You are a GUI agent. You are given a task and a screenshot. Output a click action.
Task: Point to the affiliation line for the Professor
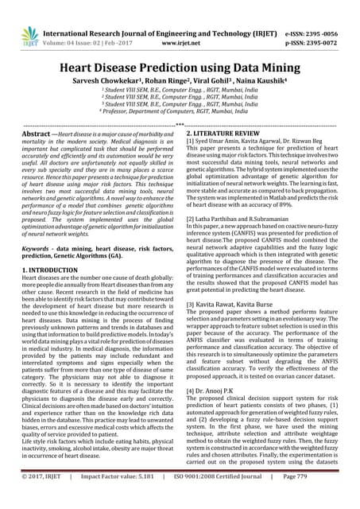[x=180, y=115]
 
